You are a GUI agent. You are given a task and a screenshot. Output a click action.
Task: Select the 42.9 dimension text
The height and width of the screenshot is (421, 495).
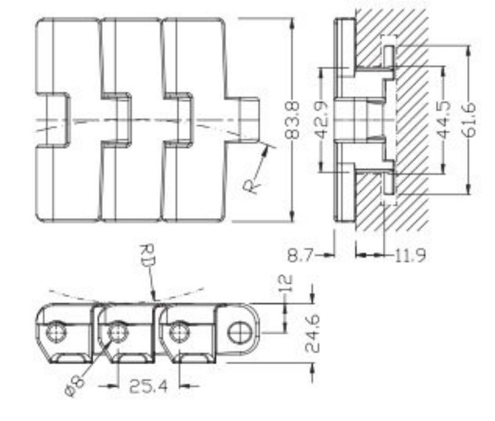(322, 121)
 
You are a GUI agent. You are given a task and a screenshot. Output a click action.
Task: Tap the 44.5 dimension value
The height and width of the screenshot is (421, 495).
(444, 121)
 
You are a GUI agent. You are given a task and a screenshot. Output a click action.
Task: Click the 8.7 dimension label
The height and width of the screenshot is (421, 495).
(300, 256)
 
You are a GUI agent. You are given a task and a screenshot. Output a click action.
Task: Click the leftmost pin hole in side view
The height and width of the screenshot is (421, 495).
(56, 332)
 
